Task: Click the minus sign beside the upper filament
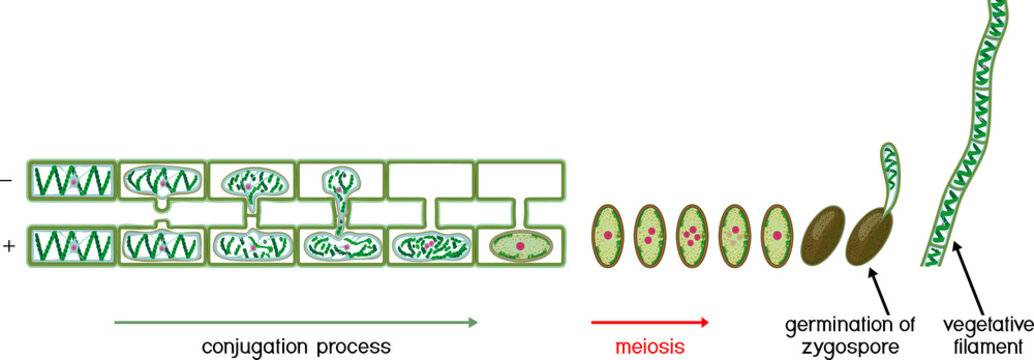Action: [7, 181]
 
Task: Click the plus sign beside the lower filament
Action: [8, 243]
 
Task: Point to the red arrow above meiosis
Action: [649, 322]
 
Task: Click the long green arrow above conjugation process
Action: [296, 322]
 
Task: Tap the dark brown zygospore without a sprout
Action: [822, 236]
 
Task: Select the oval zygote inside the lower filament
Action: [517, 244]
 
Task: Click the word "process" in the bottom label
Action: [349, 347]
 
